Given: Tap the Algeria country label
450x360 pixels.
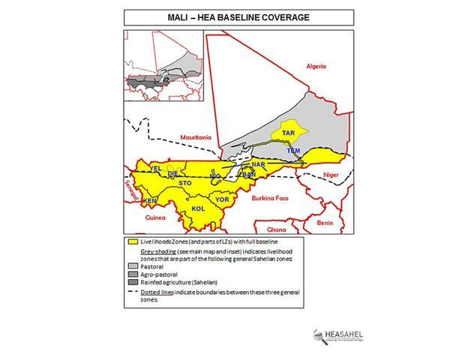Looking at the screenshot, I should pyautogui.click(x=316, y=67).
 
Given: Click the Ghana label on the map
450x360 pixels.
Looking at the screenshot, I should pyautogui.click(x=277, y=229).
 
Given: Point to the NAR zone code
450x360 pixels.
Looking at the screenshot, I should pyautogui.click(x=259, y=164).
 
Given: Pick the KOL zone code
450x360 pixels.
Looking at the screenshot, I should pyautogui.click(x=198, y=208).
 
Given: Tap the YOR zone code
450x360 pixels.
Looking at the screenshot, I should pyautogui.click(x=221, y=199).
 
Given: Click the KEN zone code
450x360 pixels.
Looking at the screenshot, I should pyautogui.click(x=149, y=201).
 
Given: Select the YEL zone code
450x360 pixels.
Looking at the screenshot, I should pyautogui.click(x=156, y=169).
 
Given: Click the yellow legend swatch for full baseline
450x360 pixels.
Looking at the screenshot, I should pyautogui.click(x=130, y=242).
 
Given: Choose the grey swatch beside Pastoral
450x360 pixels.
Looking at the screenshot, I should pyautogui.click(x=130, y=265).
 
